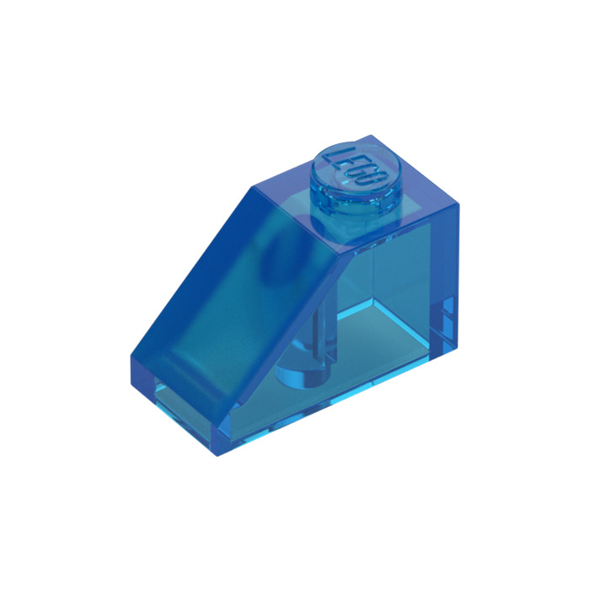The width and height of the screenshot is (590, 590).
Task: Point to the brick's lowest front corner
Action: (x=217, y=456)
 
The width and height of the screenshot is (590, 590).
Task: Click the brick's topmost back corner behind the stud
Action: (x=371, y=135)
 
